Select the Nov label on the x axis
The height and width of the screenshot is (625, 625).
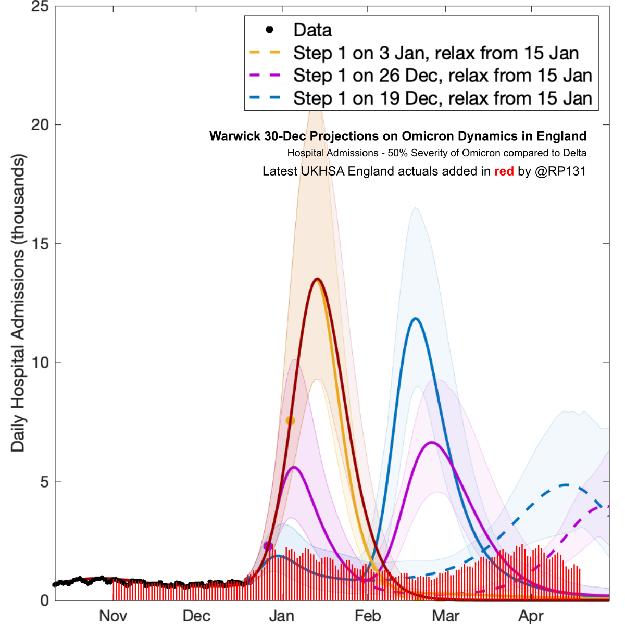[x=113, y=616]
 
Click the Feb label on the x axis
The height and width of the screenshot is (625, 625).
[x=368, y=616]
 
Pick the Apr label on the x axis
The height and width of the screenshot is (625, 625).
[x=531, y=616]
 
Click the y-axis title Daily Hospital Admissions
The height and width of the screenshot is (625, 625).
[x=18, y=302]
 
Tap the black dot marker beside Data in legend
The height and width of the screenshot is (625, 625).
[x=269, y=30]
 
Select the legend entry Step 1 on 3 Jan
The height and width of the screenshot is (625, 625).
[x=435, y=53]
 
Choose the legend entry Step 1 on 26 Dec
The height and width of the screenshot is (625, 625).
[x=442, y=76]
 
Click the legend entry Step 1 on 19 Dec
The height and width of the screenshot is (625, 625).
[x=442, y=98]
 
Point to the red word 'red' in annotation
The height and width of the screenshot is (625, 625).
[x=504, y=171]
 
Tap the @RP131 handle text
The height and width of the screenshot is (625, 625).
[x=560, y=171]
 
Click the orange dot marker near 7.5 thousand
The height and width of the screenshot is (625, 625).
[x=290, y=420]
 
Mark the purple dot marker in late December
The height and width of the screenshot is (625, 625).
[x=268, y=546]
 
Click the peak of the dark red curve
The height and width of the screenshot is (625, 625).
[x=317, y=279]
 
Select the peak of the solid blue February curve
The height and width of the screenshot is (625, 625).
[x=415, y=318]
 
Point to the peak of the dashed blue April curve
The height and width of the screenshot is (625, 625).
[x=566, y=485]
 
